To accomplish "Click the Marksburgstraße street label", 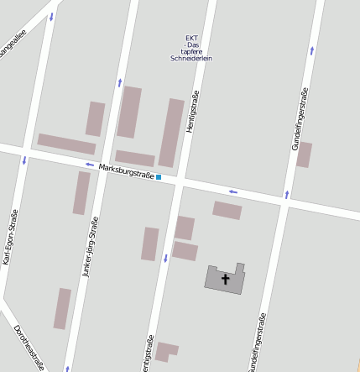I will [126, 171].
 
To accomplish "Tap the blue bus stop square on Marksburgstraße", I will [159, 177].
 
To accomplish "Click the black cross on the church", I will [225, 278].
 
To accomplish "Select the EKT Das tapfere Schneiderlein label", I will [191, 49].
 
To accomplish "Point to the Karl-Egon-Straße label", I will [11, 238].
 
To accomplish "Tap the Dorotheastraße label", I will [30, 348].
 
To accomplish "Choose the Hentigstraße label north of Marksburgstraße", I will [192, 109].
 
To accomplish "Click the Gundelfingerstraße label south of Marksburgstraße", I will [258, 342].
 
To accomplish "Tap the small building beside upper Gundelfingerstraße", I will [304, 155].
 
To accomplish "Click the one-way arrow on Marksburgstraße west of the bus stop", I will [90, 165].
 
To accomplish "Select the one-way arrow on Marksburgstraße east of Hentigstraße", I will [233, 192].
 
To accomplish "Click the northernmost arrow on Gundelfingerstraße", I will [312, 50].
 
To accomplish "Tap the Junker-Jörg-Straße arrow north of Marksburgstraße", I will [120, 82].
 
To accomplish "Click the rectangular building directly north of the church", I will [227, 210].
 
